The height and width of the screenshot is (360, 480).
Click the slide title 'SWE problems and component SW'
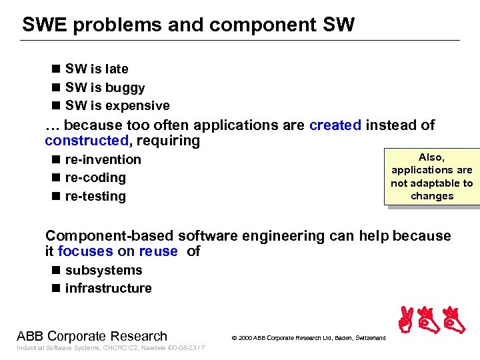point(189,25)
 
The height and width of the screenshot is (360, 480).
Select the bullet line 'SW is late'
point(96,69)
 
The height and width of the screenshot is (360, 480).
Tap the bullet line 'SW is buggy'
point(104,87)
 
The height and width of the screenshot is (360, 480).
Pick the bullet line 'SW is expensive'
point(117,105)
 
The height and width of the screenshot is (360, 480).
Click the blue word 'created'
point(335,125)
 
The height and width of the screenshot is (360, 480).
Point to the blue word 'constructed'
point(86,141)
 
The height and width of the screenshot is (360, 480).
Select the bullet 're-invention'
point(103,159)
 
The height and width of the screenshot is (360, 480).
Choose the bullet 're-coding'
point(95,177)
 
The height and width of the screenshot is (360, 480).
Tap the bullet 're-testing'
point(95,196)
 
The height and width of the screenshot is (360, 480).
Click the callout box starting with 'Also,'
point(431,176)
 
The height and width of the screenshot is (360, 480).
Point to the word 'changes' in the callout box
point(432,196)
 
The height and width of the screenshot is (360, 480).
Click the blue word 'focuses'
point(85,251)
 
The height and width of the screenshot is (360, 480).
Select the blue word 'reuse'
point(158,251)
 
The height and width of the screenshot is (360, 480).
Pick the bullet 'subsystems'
point(103,270)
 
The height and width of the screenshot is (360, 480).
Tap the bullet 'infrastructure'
point(108,288)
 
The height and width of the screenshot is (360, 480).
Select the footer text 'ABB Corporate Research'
point(92,336)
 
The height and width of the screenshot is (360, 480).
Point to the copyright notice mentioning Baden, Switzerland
point(308,338)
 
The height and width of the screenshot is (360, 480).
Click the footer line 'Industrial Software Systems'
point(111,349)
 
